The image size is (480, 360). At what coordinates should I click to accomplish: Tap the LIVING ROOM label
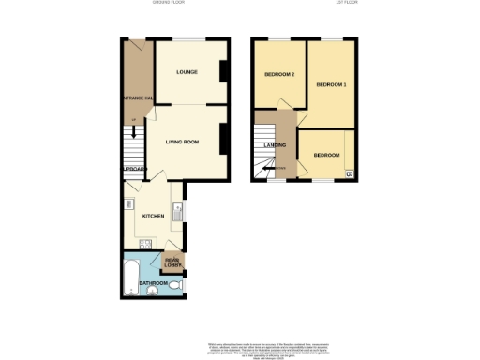click(183, 142)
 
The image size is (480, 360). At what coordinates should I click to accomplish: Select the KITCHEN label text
click(153, 216)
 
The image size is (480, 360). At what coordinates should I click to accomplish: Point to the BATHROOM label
click(153, 281)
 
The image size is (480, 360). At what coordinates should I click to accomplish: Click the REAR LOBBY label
click(172, 263)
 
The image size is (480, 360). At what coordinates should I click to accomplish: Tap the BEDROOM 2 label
click(279, 74)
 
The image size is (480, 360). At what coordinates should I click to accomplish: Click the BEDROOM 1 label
click(331, 85)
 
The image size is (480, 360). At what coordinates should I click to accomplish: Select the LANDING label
click(274, 144)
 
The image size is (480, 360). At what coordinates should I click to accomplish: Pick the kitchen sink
click(177, 210)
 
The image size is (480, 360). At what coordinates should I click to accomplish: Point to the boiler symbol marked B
click(349, 173)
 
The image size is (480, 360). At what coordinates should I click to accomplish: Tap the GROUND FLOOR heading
click(169, 3)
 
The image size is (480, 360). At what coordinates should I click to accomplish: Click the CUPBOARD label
click(134, 169)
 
